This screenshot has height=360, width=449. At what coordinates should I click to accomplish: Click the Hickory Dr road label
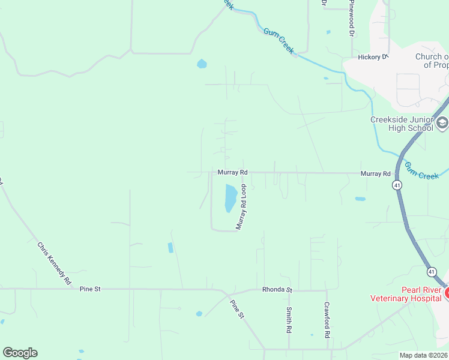(x=373, y=57)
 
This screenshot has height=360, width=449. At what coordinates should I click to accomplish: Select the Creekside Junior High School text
(x=401, y=123)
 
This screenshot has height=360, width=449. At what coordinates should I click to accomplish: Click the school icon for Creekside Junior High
(x=442, y=124)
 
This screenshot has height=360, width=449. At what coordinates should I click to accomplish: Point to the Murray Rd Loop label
(x=242, y=207)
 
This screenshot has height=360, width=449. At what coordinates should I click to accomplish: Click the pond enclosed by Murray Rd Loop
(x=230, y=198)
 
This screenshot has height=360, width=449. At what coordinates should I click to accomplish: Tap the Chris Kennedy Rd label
(x=54, y=263)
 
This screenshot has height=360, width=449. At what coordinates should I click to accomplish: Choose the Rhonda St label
(x=277, y=290)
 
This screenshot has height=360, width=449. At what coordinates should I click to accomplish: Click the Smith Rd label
(x=289, y=320)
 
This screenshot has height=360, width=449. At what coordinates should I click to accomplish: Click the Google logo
(x=20, y=352)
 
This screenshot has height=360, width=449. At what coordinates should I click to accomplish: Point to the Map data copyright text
(x=424, y=355)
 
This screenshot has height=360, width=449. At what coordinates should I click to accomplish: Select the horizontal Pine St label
(x=90, y=289)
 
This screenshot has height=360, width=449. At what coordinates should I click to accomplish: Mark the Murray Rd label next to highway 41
(x=376, y=173)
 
